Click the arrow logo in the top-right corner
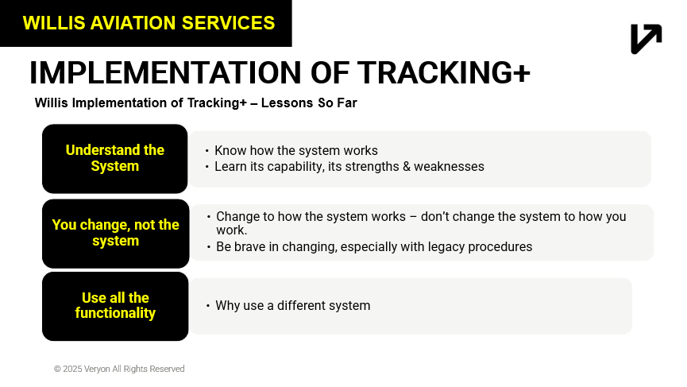pos(646,39)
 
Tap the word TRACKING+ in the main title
pos(443,72)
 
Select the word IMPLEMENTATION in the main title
pos(165,72)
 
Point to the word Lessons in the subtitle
pos(288,103)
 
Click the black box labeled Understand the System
pos(115,158)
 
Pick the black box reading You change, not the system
pos(116,233)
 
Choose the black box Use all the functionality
pos(115,306)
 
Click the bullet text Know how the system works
pos(295,150)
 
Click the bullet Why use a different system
pos(293,305)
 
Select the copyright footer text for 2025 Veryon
pos(119,369)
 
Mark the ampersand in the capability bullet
pos(406,167)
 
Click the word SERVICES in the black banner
pos(228,23)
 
